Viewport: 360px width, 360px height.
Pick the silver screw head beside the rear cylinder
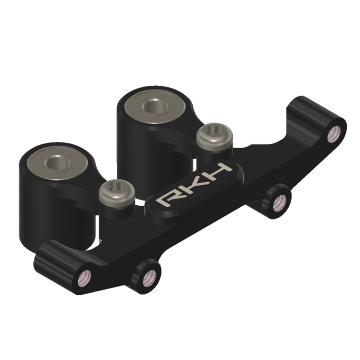(x=214, y=135)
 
